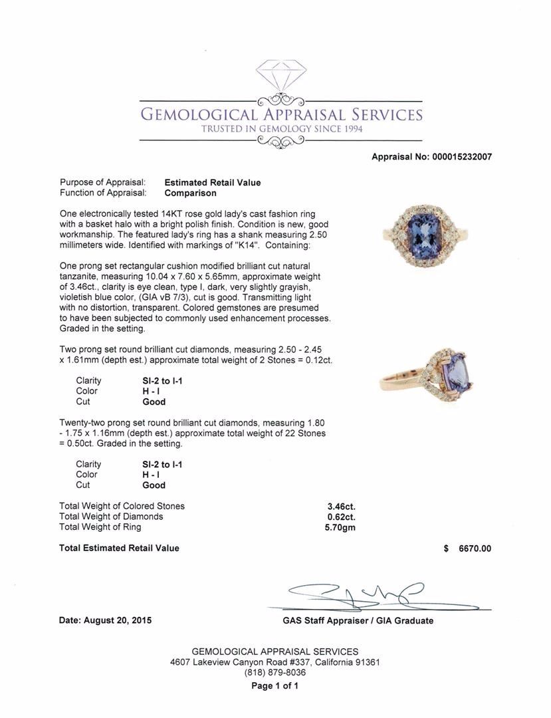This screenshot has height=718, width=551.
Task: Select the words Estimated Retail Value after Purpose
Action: pos(213,183)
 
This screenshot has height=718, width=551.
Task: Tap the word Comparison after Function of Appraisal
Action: pos(190,193)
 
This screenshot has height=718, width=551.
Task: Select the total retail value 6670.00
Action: pos(475,548)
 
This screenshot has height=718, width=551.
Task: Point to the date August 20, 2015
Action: pos(105,620)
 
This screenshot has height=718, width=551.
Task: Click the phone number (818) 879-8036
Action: pos(275,673)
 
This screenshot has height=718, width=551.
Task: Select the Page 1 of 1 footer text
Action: pos(275,686)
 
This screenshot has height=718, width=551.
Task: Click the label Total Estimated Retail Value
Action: pos(119,548)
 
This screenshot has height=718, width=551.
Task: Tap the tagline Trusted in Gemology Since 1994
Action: pos(282,129)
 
